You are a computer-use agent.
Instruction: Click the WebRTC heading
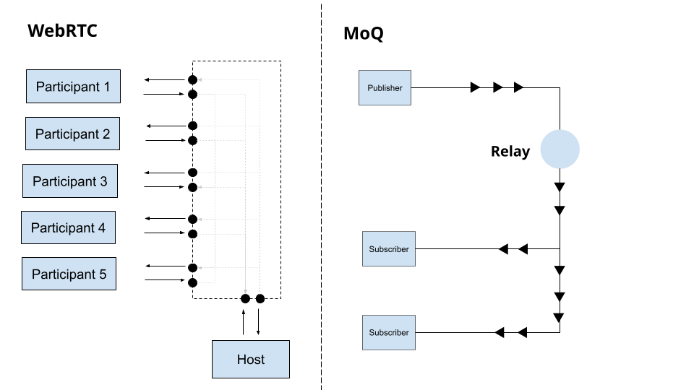point(62,31)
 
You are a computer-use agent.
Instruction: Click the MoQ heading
point(363,34)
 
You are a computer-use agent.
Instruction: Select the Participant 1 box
point(73,87)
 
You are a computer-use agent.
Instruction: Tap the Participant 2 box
point(72,134)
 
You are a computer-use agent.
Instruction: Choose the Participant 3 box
point(69,181)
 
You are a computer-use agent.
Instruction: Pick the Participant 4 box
point(68,228)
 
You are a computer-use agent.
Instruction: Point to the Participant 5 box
point(69,274)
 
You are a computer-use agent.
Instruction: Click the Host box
point(250,359)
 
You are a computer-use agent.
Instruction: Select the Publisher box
point(385,88)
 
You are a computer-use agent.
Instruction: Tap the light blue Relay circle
point(560,149)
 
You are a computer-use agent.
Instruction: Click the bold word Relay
point(510,152)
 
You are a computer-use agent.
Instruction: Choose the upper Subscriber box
point(389,249)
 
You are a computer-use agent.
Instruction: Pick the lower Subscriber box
point(389,332)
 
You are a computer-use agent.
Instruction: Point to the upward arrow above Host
point(244,322)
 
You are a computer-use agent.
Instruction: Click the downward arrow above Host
point(258,322)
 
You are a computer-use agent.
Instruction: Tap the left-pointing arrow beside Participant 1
point(164,79)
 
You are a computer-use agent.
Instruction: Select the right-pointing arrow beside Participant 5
point(164,280)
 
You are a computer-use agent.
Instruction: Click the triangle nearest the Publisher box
point(475,87)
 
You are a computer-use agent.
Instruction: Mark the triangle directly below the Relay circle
point(560,187)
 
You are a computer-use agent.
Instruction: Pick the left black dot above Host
point(245,298)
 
